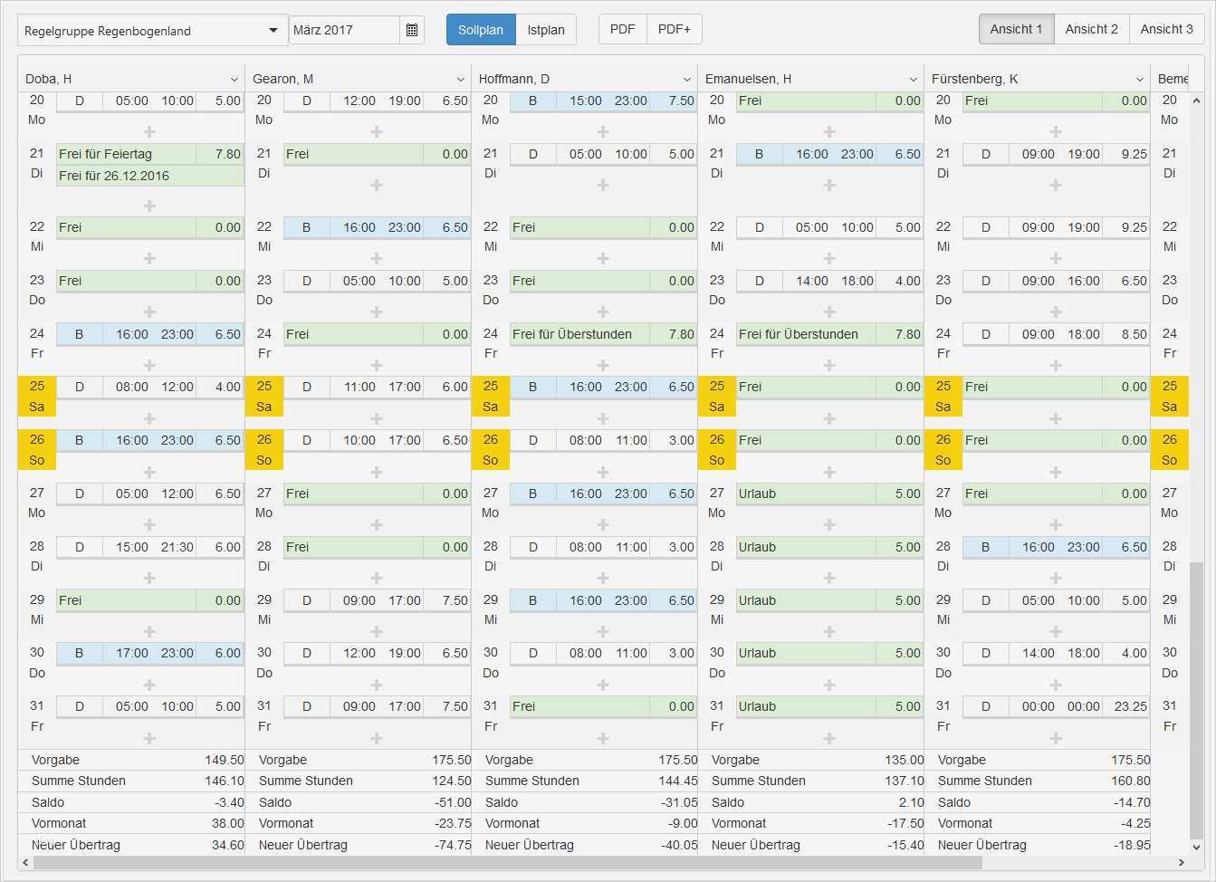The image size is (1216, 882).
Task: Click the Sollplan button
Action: point(480,30)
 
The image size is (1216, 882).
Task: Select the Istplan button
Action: point(546,30)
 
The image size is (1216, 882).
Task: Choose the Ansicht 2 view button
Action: point(1091,29)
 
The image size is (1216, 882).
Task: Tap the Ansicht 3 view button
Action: point(1166,29)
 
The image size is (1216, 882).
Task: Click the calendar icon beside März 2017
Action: point(412,30)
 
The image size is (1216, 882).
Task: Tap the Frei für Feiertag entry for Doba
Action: point(127,154)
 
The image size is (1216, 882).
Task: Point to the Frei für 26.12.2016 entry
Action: point(127,176)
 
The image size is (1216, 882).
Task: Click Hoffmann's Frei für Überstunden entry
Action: point(579,334)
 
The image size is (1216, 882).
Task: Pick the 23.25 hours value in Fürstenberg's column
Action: point(1130,706)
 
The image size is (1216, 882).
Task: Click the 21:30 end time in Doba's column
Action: point(177,547)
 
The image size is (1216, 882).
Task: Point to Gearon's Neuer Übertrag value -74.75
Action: point(453,845)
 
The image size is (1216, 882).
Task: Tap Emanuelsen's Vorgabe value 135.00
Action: point(904,760)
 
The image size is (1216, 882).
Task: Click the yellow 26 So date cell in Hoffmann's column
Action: point(491,449)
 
